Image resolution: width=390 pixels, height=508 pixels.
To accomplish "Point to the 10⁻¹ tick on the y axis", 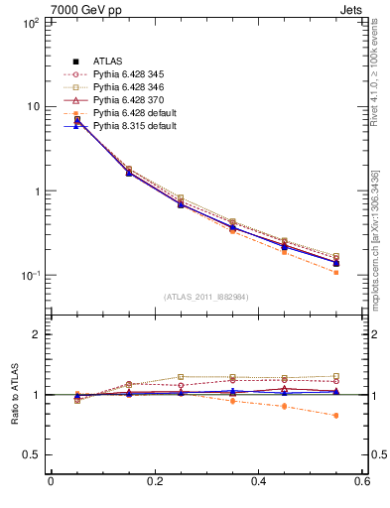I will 28,276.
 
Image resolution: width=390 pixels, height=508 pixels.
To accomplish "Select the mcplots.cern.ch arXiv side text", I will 379,238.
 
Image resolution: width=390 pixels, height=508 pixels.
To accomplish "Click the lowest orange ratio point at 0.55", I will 335,416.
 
